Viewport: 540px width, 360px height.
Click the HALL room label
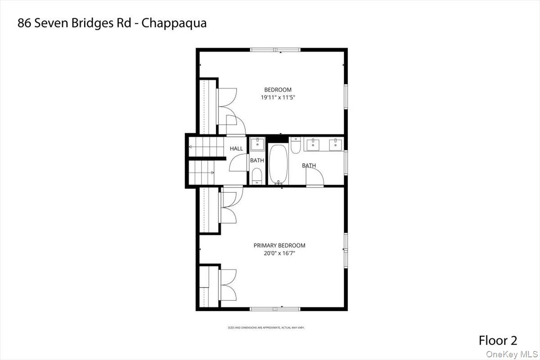coord(236,148)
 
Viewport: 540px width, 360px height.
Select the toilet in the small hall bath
coord(257,176)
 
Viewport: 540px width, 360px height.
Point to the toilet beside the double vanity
coord(296,146)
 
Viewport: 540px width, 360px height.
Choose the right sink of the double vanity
coord(335,144)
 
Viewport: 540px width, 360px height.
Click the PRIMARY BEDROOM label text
coord(279,245)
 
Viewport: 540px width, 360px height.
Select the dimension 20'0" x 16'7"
coord(279,253)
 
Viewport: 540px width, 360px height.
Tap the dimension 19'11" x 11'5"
coord(278,97)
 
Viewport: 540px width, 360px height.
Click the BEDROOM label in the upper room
coord(278,90)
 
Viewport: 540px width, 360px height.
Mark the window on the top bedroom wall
coord(275,49)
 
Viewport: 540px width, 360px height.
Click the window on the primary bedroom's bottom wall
coord(275,309)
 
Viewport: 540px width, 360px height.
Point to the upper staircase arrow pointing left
coord(191,147)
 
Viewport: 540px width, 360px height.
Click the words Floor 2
coord(498,340)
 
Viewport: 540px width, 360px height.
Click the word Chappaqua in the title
coord(174,23)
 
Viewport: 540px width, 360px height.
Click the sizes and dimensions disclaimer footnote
coord(266,328)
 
